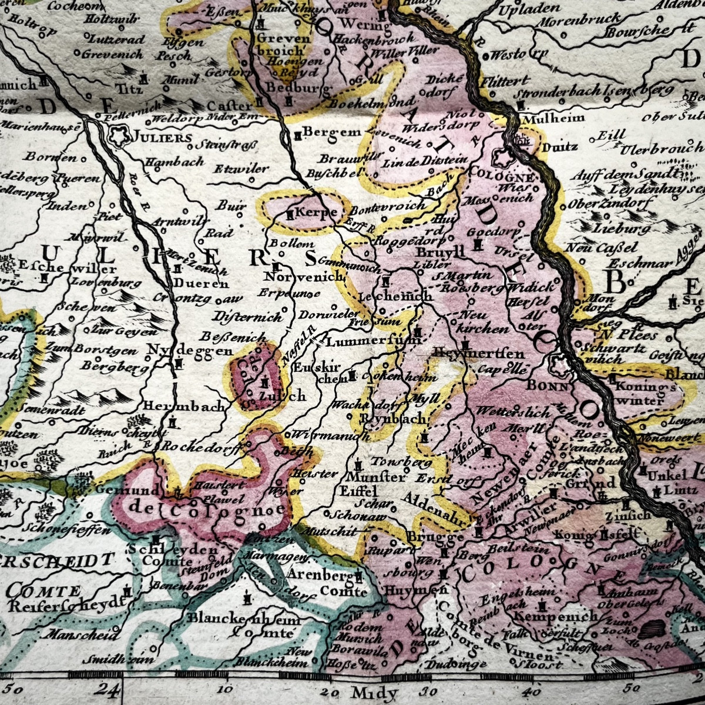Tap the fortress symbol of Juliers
tap(121, 137)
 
